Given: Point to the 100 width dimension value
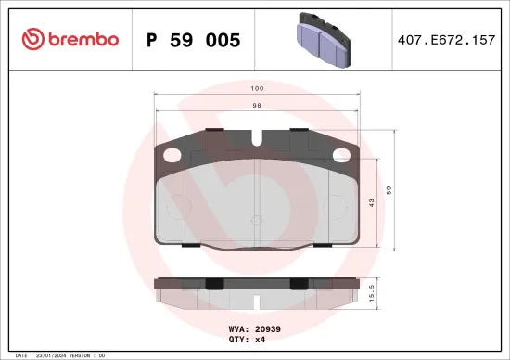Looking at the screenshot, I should (257, 88).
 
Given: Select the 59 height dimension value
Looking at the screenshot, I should (401, 190).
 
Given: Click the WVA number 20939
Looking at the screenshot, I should (268, 328).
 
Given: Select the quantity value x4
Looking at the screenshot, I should (260, 340).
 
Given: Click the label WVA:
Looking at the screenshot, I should (237, 328).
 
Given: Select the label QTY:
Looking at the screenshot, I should (237, 340).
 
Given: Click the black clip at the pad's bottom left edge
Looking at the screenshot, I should (189, 245).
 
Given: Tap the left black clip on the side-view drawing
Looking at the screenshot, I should (211, 285).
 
